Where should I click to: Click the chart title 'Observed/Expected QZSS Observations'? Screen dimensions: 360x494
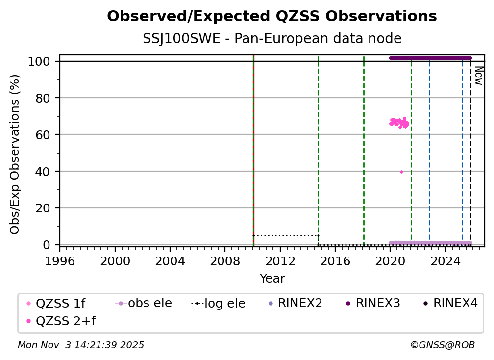point(272,17)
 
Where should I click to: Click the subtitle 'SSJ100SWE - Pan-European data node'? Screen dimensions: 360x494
point(272,39)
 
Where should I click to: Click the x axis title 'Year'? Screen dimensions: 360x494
point(272,279)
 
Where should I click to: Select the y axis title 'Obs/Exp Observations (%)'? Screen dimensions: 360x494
point(15,154)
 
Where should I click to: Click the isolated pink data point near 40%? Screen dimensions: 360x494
point(401,172)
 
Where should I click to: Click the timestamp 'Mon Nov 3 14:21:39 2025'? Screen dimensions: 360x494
point(81,345)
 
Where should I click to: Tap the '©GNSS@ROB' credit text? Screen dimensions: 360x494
point(442,345)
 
